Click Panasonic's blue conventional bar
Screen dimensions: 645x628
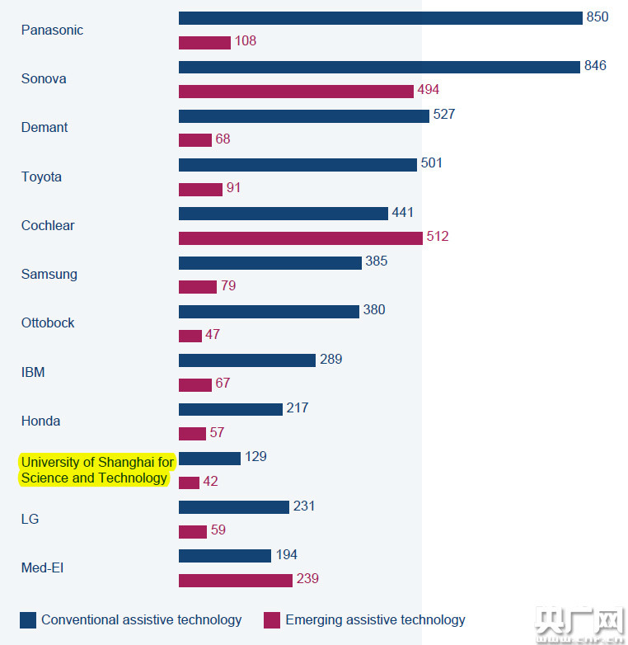point(380,18)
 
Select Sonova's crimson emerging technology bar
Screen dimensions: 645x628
point(296,92)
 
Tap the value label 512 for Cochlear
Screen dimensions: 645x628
point(438,237)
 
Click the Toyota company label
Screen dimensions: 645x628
point(41,177)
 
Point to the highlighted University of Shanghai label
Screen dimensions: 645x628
point(97,470)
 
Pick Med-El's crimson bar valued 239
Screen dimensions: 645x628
point(235,581)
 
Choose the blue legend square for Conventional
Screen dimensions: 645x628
point(28,620)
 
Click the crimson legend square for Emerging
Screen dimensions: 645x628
point(272,620)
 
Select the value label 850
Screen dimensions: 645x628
point(598,17)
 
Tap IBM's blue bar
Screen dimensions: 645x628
point(246,360)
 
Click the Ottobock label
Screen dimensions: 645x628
point(48,322)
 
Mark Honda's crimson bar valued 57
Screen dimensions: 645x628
point(192,434)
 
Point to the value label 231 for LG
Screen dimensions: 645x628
point(304,506)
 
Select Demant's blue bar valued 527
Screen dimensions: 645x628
point(303,116)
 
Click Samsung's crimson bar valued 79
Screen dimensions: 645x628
point(197,287)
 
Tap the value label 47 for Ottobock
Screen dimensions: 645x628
point(213,335)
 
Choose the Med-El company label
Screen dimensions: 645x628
point(42,567)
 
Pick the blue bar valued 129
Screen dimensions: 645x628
point(209,458)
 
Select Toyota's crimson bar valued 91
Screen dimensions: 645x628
point(200,190)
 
